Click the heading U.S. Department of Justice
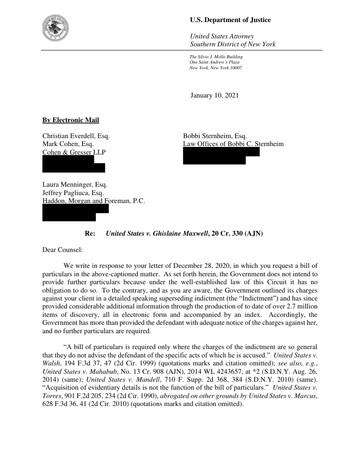230,20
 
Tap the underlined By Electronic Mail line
71,120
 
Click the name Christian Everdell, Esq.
76,136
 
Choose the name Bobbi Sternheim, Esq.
215,136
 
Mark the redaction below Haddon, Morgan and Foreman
75,213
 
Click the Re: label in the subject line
90,233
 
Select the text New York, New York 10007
215,68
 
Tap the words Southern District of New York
232,44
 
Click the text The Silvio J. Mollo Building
216,57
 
